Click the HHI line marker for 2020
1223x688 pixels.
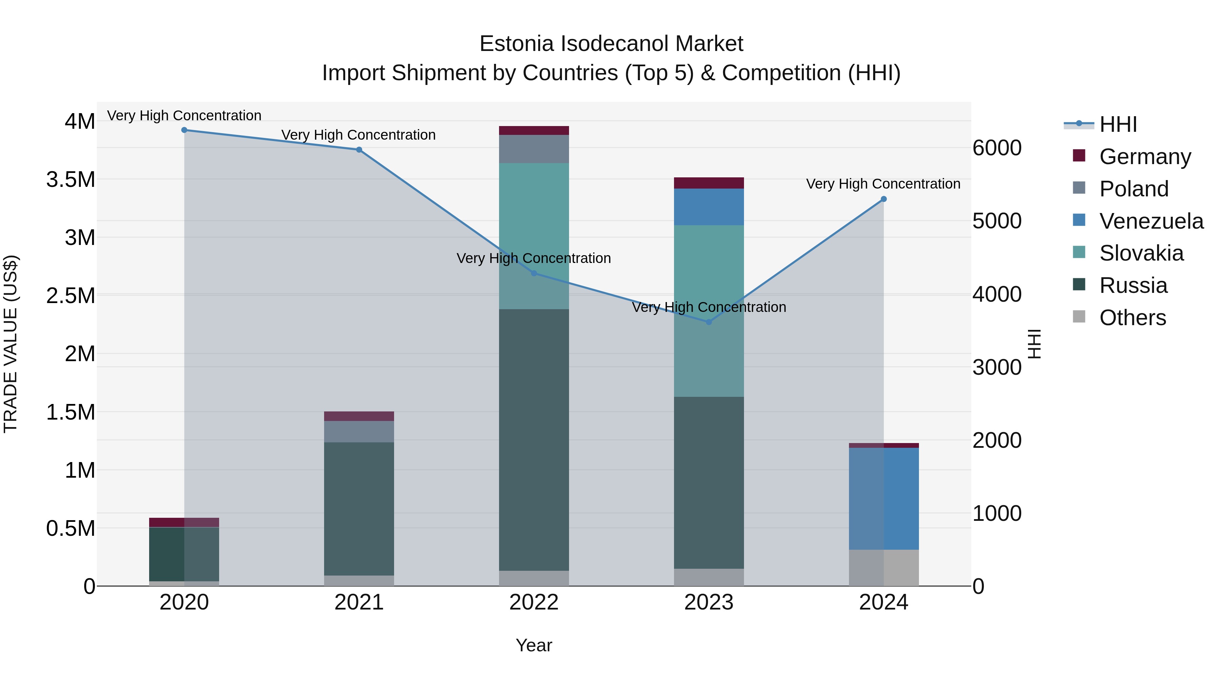coord(184,130)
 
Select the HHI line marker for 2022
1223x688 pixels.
coord(534,274)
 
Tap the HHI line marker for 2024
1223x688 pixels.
coord(884,199)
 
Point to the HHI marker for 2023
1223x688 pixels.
coord(709,322)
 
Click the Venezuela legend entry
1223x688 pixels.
coord(1151,221)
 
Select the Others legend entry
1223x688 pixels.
coord(1132,318)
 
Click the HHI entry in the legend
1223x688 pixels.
coord(1118,124)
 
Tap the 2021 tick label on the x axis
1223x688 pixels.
coord(359,602)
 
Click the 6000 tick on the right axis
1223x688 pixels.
coord(996,148)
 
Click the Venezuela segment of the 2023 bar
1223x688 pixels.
coord(709,207)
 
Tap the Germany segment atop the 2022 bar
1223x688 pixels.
coord(534,130)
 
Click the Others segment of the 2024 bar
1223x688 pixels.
coord(884,567)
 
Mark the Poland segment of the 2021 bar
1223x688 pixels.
coord(359,431)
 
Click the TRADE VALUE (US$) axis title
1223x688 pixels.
coord(11,344)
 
